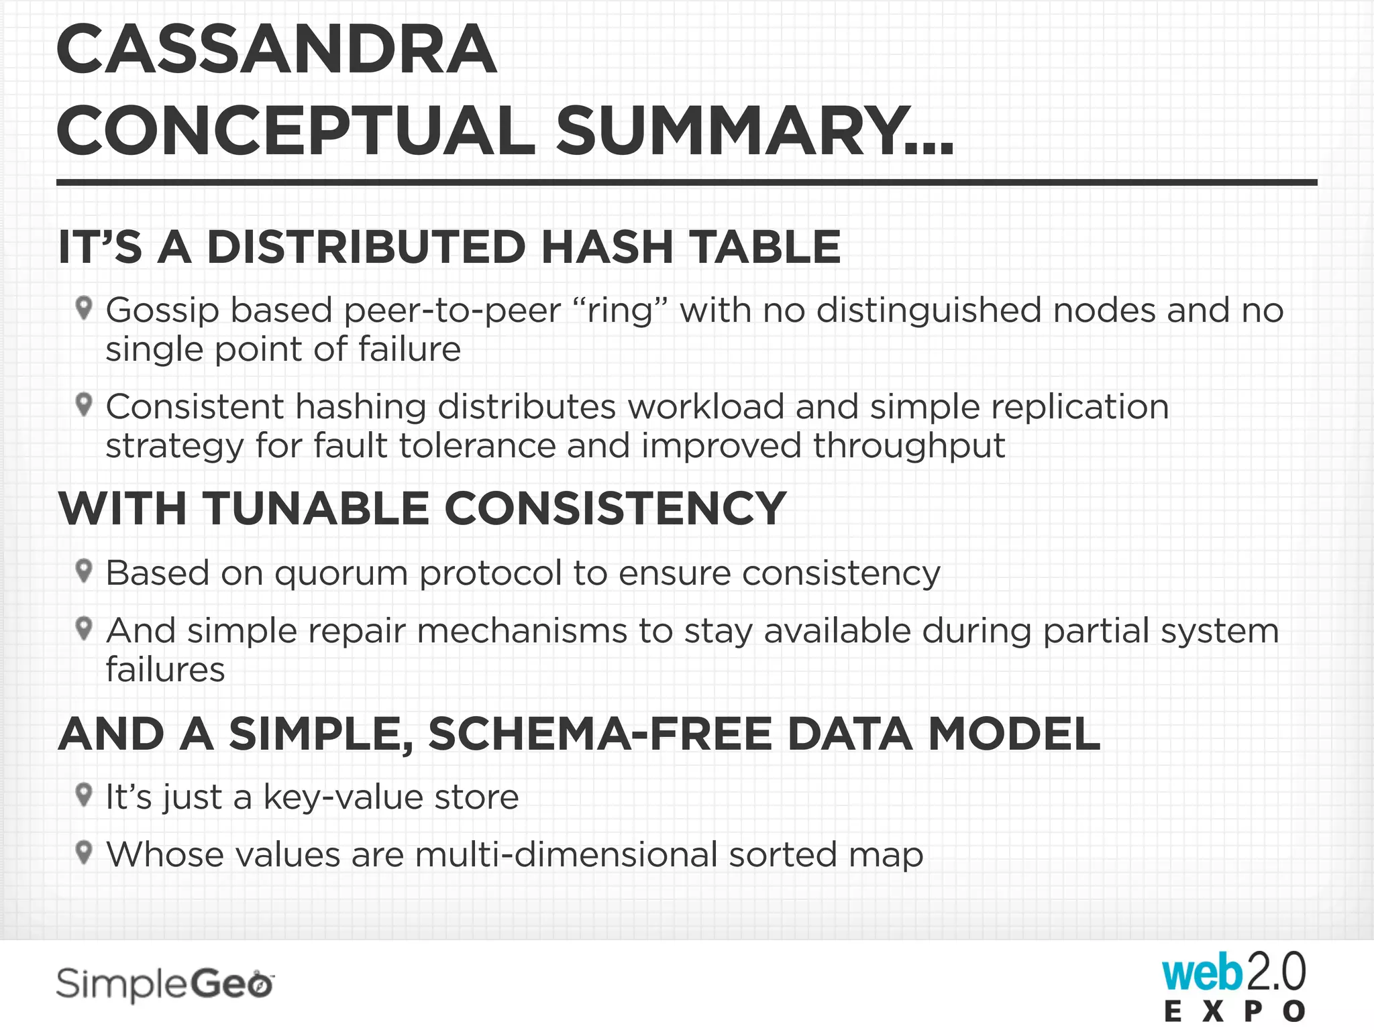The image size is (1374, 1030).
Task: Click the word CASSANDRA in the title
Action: pyautogui.click(x=276, y=50)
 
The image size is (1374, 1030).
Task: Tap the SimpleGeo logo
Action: pyautogui.click(x=165, y=984)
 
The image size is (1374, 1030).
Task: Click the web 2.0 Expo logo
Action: pyautogui.click(x=1234, y=986)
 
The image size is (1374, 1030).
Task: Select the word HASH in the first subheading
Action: pyautogui.click(x=606, y=247)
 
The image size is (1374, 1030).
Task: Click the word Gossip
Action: pyautogui.click(x=162, y=311)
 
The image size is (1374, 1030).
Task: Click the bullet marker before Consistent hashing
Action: pyautogui.click(x=84, y=404)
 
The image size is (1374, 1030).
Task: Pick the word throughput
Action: pyautogui.click(x=909, y=446)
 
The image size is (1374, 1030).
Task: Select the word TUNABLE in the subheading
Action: pyautogui.click(x=315, y=508)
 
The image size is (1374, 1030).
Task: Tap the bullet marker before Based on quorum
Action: pyautogui.click(x=84, y=571)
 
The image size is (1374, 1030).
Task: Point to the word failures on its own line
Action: pyautogui.click(x=165, y=669)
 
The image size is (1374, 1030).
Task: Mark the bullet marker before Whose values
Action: pyautogui.click(x=84, y=852)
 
